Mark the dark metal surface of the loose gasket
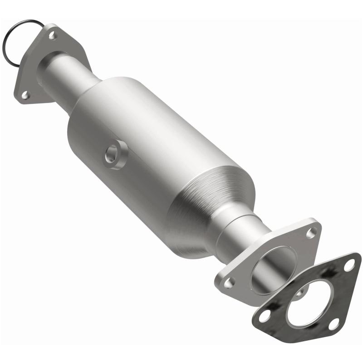[x=336, y=290]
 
